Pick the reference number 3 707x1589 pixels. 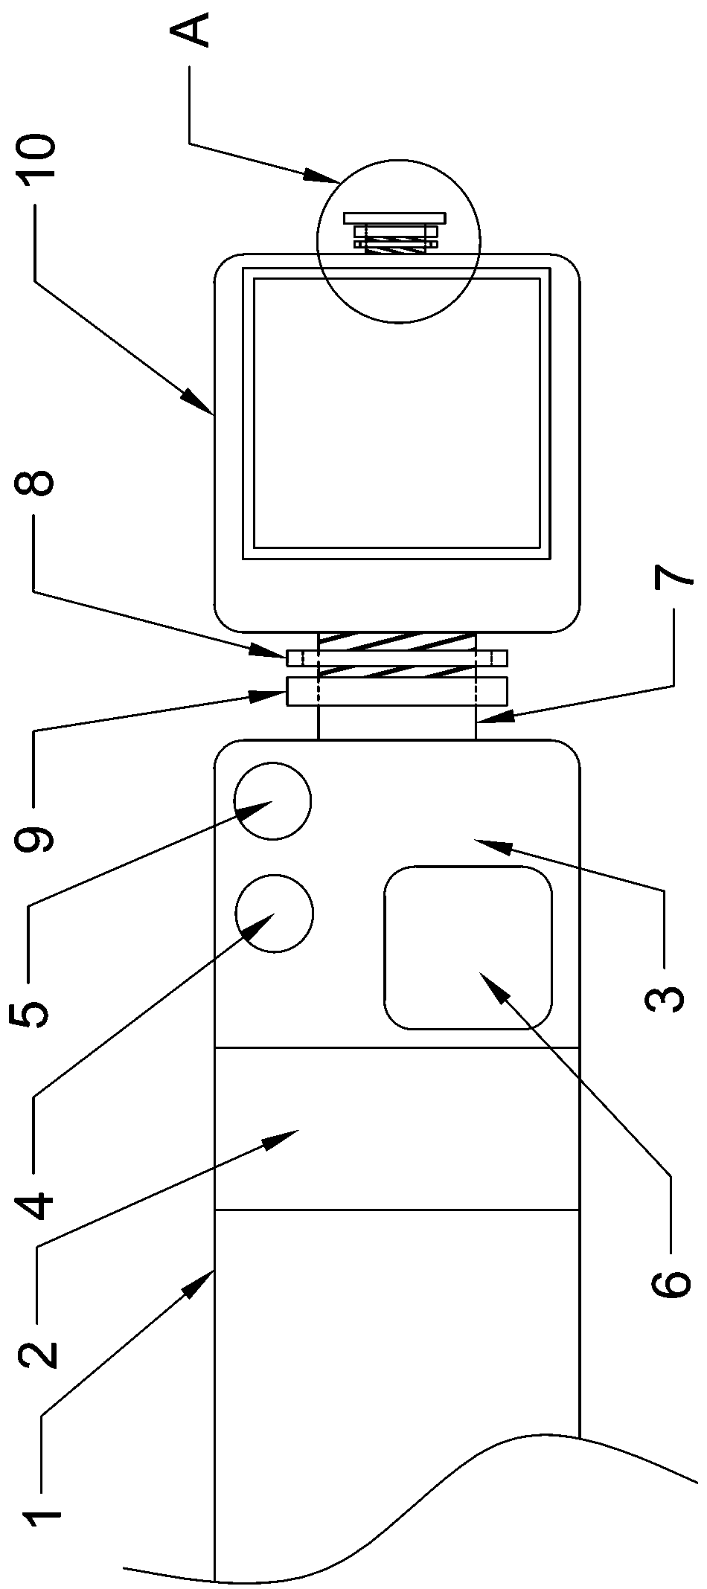coord(665,991)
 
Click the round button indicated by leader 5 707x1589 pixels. coord(272,801)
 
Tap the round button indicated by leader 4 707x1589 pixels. coord(274,913)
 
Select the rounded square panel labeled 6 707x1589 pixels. coord(467,947)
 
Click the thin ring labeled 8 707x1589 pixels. coord(397,658)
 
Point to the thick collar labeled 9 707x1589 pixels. coord(397,691)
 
